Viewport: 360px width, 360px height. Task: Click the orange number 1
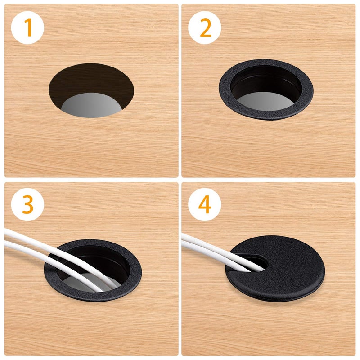pyautogui.click(x=28, y=28)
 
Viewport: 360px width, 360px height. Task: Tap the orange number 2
pyautogui.click(x=206, y=28)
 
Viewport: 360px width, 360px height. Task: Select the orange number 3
pyautogui.click(x=28, y=205)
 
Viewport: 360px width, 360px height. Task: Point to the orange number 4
pyautogui.click(x=205, y=205)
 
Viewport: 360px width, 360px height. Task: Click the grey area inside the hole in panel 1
pyautogui.click(x=91, y=106)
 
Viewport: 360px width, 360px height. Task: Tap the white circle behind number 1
pyautogui.click(x=27, y=27)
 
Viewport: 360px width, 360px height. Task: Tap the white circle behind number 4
pyautogui.click(x=205, y=205)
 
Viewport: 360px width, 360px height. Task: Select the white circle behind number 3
pyautogui.click(x=27, y=204)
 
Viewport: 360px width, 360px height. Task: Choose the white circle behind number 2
pyautogui.click(x=205, y=27)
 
